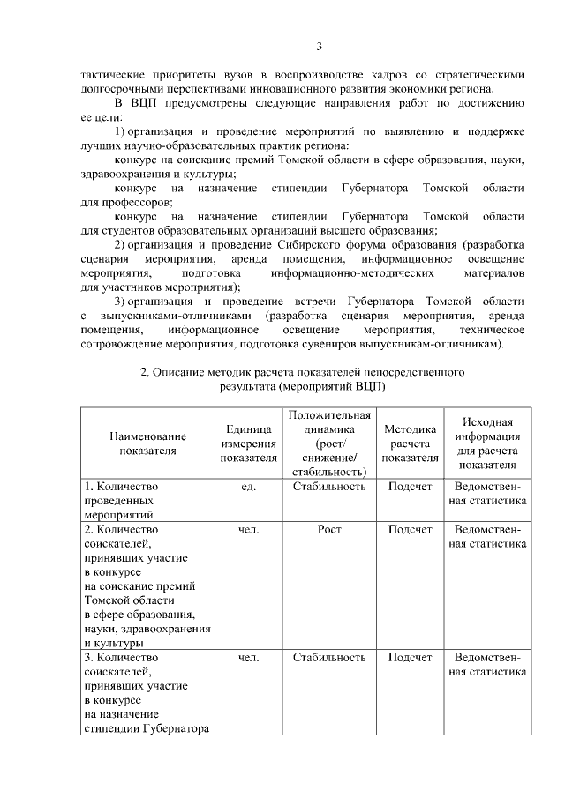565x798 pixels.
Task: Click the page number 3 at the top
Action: (x=320, y=47)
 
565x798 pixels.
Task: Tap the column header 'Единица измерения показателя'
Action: (x=248, y=444)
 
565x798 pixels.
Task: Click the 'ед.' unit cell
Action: (x=248, y=487)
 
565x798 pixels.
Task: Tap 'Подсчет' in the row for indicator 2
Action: (x=411, y=530)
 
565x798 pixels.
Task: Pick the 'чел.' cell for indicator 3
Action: (x=248, y=658)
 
